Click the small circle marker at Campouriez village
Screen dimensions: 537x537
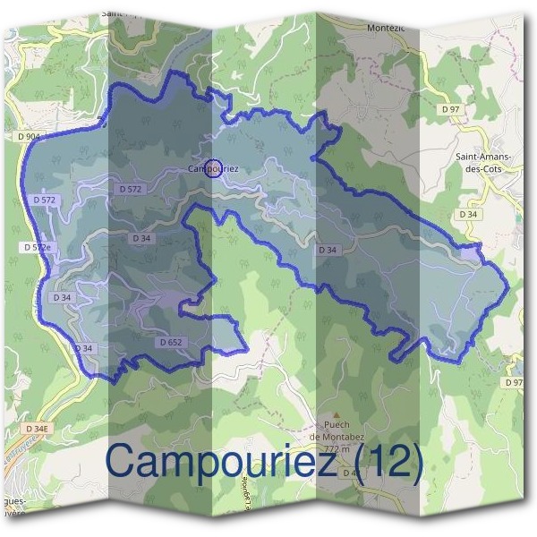pyautogui.click(x=213, y=167)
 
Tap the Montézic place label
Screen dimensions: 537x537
pyautogui.click(x=387, y=28)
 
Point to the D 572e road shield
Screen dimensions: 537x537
pyautogui.click(x=37, y=246)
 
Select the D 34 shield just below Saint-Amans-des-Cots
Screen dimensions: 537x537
pyautogui.click(x=468, y=215)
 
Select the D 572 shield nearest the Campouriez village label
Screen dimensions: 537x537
pyautogui.click(x=130, y=190)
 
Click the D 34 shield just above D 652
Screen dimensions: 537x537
pyautogui.click(x=141, y=238)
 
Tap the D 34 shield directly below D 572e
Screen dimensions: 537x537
pyautogui.click(x=63, y=296)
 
